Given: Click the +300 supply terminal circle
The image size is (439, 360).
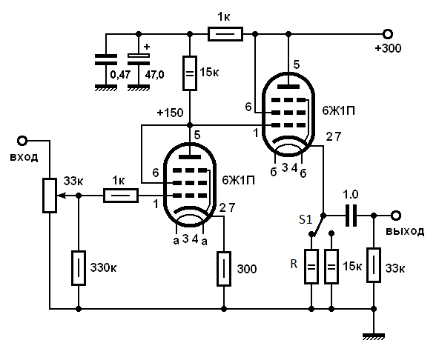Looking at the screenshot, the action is click(388, 34).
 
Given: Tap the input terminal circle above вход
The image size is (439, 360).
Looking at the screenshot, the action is click(22, 141).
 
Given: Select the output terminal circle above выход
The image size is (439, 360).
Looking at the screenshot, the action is click(396, 216).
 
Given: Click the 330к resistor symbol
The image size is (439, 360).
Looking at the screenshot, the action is click(79, 268).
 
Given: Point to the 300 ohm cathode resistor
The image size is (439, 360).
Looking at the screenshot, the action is click(224, 269).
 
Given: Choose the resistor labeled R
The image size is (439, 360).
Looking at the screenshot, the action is click(311, 267).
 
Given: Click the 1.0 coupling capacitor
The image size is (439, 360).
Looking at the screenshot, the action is click(351, 216).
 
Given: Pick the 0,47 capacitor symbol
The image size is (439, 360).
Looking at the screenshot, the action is click(106, 60).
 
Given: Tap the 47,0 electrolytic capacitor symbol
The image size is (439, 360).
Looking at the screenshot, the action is click(139, 59).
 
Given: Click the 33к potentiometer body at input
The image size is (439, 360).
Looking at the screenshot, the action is click(50, 196).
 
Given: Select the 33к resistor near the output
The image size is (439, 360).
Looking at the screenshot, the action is click(374, 265).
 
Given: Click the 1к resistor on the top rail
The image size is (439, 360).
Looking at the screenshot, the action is click(225, 34).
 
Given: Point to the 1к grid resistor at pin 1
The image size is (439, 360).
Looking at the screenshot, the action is click(121, 196).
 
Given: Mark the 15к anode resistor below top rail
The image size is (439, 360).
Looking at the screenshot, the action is click(190, 73).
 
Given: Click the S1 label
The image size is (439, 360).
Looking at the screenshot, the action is click(306, 219).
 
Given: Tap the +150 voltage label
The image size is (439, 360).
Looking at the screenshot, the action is click(171, 113).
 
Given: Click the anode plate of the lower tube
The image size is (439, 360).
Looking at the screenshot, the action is click(190, 157).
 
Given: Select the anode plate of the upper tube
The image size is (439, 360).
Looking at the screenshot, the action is click(288, 87).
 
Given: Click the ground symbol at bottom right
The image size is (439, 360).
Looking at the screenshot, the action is click(374, 336).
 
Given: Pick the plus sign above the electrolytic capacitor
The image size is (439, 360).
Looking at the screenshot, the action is click(147, 47).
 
